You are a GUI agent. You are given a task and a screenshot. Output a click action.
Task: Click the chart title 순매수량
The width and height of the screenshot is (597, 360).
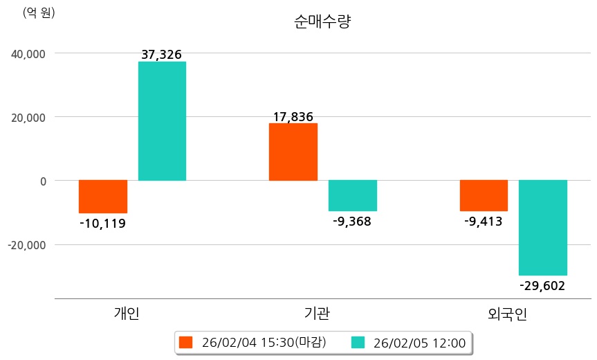click(322, 22)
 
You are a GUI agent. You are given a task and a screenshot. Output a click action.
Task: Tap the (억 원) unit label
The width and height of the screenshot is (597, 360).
click(39, 12)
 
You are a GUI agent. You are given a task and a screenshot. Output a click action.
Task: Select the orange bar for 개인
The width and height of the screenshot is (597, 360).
click(103, 197)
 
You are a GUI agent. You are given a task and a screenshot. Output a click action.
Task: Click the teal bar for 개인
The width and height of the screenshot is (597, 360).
click(162, 121)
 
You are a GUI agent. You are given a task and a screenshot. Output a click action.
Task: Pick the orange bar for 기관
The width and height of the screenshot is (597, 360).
click(293, 152)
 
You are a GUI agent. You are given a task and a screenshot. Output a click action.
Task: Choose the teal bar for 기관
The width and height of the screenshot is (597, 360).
click(353, 195)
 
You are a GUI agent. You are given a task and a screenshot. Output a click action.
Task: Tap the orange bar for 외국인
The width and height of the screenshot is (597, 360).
click(484, 195)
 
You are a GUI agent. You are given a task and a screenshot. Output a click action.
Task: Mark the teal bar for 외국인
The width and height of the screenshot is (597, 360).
click(543, 228)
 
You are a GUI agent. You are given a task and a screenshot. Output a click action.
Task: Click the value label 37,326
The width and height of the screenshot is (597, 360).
click(161, 55)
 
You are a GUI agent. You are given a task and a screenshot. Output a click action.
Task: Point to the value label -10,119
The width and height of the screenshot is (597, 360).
click(102, 224)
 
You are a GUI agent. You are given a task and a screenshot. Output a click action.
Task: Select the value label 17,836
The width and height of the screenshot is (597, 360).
click(293, 116)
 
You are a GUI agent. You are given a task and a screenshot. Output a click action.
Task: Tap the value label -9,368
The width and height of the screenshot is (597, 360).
click(352, 222)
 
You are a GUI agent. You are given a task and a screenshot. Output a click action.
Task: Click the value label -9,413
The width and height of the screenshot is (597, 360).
click(483, 222)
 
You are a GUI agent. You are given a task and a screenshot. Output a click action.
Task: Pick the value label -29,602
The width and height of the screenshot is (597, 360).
click(542, 286)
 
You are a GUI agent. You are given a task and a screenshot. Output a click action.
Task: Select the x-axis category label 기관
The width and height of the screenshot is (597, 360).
click(317, 314)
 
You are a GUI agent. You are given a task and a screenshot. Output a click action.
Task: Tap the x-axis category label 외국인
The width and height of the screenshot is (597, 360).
click(507, 314)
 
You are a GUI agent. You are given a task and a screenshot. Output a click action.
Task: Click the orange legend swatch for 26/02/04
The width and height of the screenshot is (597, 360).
click(185, 342)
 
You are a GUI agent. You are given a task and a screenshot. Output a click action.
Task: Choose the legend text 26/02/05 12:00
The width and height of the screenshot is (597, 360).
click(419, 342)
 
